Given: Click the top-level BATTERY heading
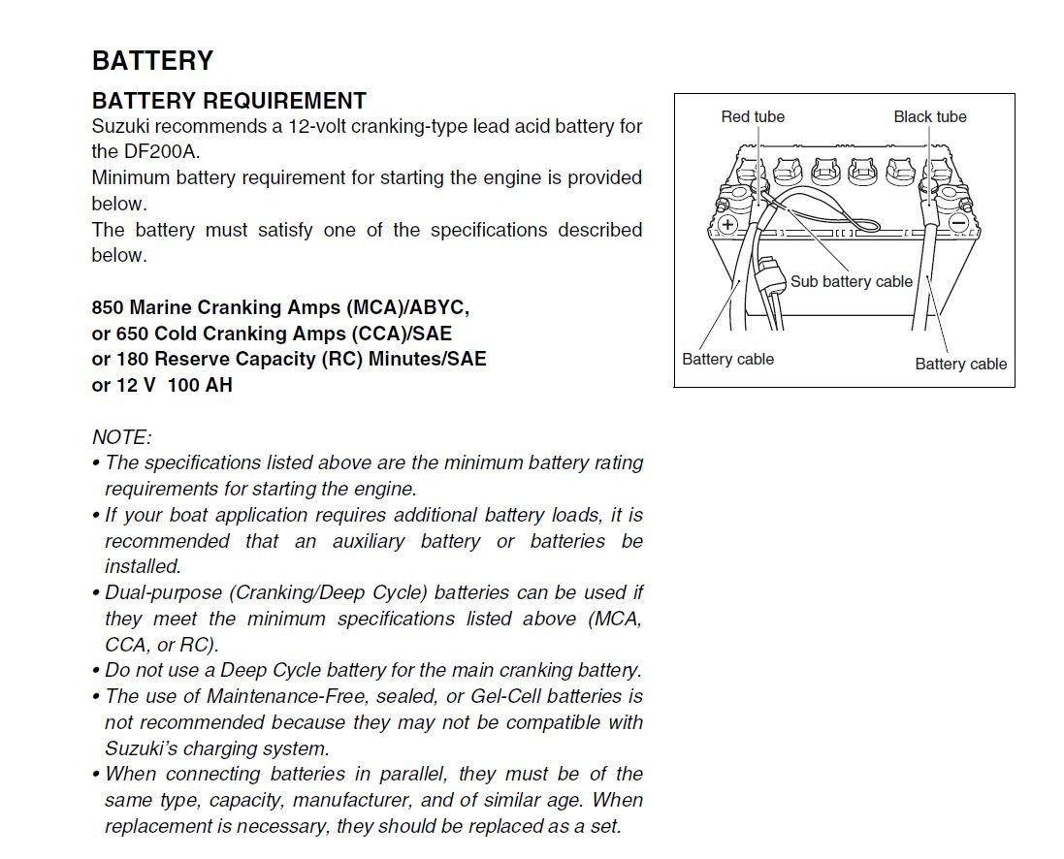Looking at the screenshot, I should (x=152, y=61).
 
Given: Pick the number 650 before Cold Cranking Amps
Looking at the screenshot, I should (x=131, y=334).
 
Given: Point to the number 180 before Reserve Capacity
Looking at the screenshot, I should (x=131, y=359).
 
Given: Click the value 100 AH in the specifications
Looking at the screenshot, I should (x=200, y=385).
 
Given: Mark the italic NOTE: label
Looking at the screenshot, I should (x=121, y=437).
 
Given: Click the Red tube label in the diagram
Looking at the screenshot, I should (x=753, y=116).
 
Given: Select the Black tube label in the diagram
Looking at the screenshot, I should (x=930, y=116).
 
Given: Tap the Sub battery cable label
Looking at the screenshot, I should (x=852, y=281).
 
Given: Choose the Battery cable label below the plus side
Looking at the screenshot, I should (x=727, y=359).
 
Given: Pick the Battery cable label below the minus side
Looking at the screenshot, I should (x=960, y=365).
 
